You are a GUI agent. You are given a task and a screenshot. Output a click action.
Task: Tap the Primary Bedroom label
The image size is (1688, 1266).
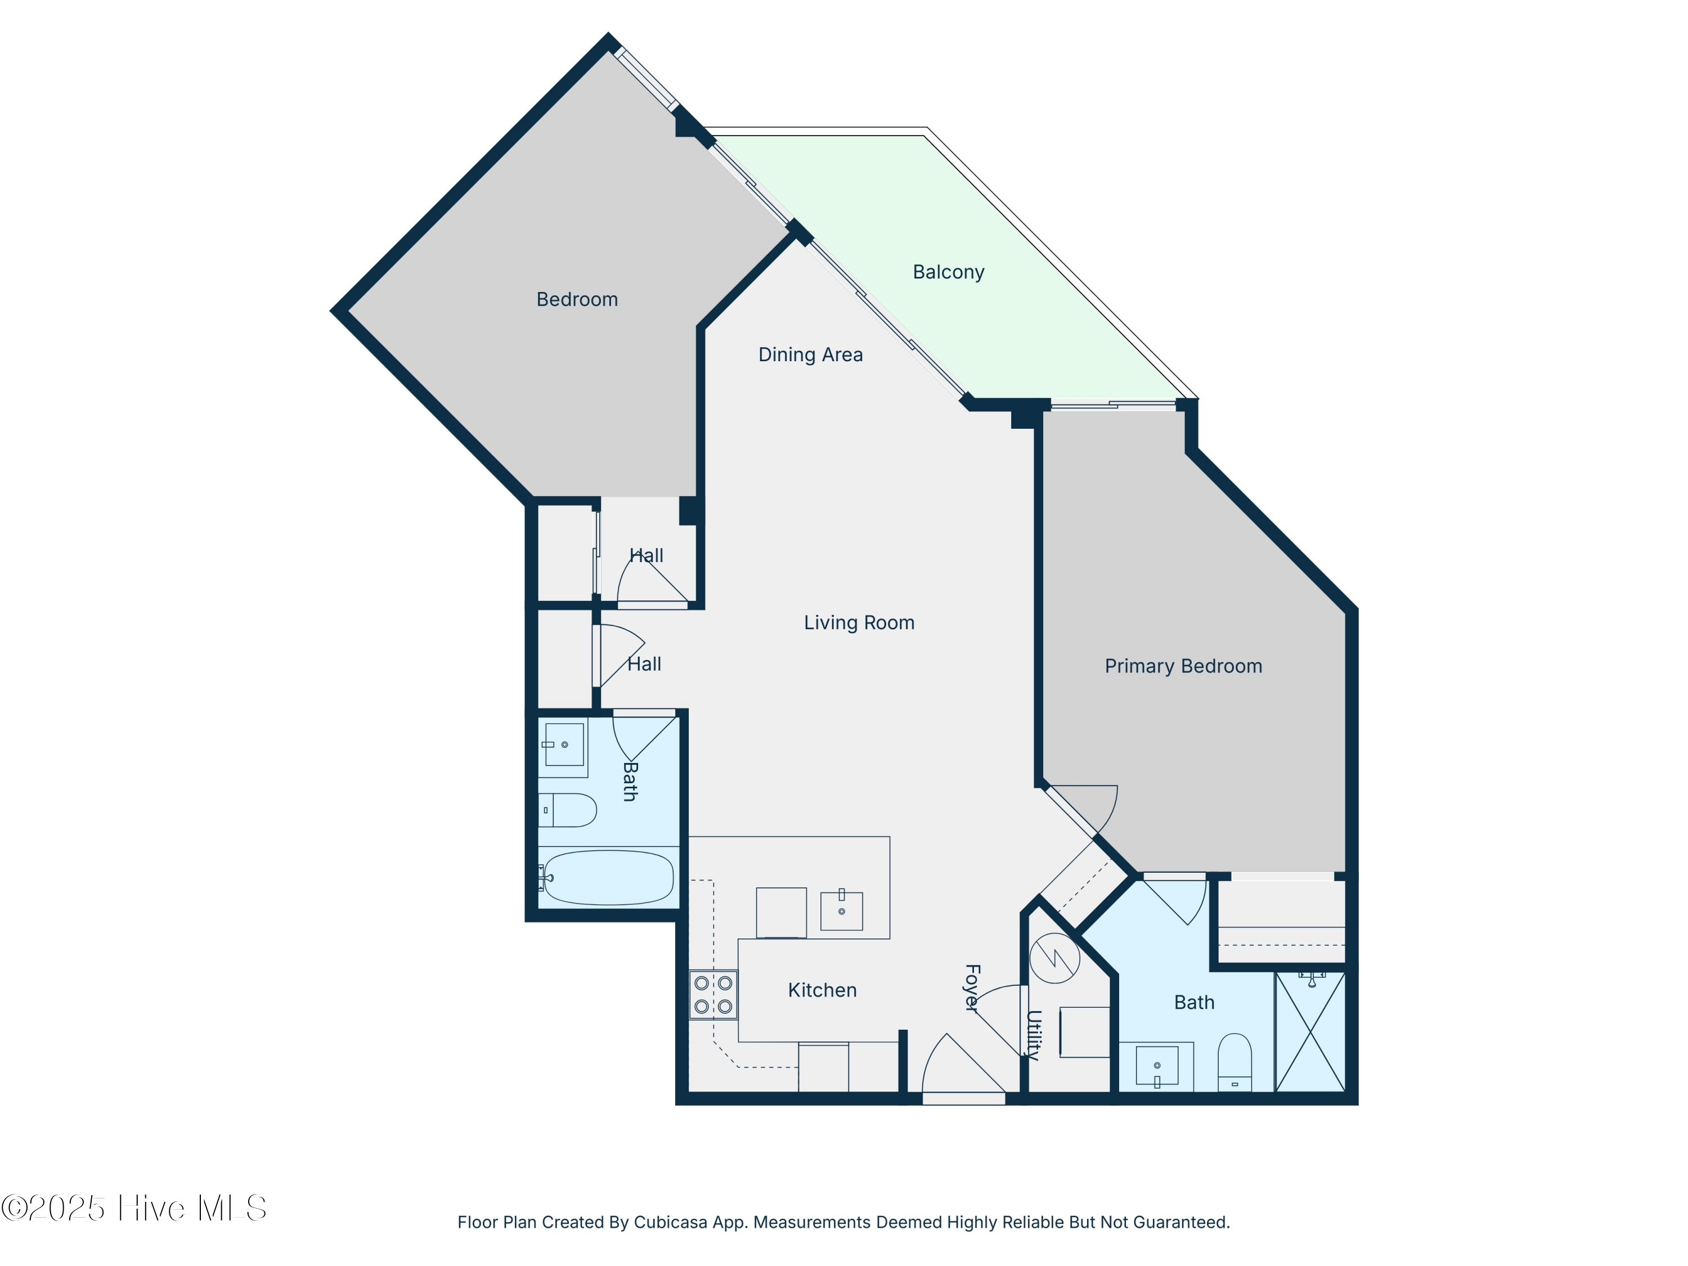pyautogui.click(x=1183, y=666)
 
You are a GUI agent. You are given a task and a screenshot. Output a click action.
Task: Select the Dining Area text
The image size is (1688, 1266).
pyautogui.click(x=810, y=355)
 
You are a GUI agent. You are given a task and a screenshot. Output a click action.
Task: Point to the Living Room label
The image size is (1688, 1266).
pyautogui.click(x=859, y=623)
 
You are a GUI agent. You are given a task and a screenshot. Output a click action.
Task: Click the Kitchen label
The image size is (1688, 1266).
pyautogui.click(x=822, y=990)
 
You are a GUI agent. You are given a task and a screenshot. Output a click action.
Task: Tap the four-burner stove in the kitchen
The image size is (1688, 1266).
pyautogui.click(x=713, y=994)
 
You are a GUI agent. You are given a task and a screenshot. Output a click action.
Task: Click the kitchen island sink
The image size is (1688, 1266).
pyautogui.click(x=841, y=910)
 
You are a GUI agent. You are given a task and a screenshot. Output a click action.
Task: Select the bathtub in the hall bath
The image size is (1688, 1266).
pyautogui.click(x=608, y=878)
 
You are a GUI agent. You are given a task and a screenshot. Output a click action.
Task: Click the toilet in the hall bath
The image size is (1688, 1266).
pyautogui.click(x=568, y=810)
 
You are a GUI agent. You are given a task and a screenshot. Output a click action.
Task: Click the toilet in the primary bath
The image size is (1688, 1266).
pyautogui.click(x=1234, y=1062)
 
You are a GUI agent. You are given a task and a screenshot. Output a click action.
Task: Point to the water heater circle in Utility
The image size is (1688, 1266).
pyautogui.click(x=1054, y=958)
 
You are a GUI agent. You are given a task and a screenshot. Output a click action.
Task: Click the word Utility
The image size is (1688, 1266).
pyautogui.click(x=1033, y=1035)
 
